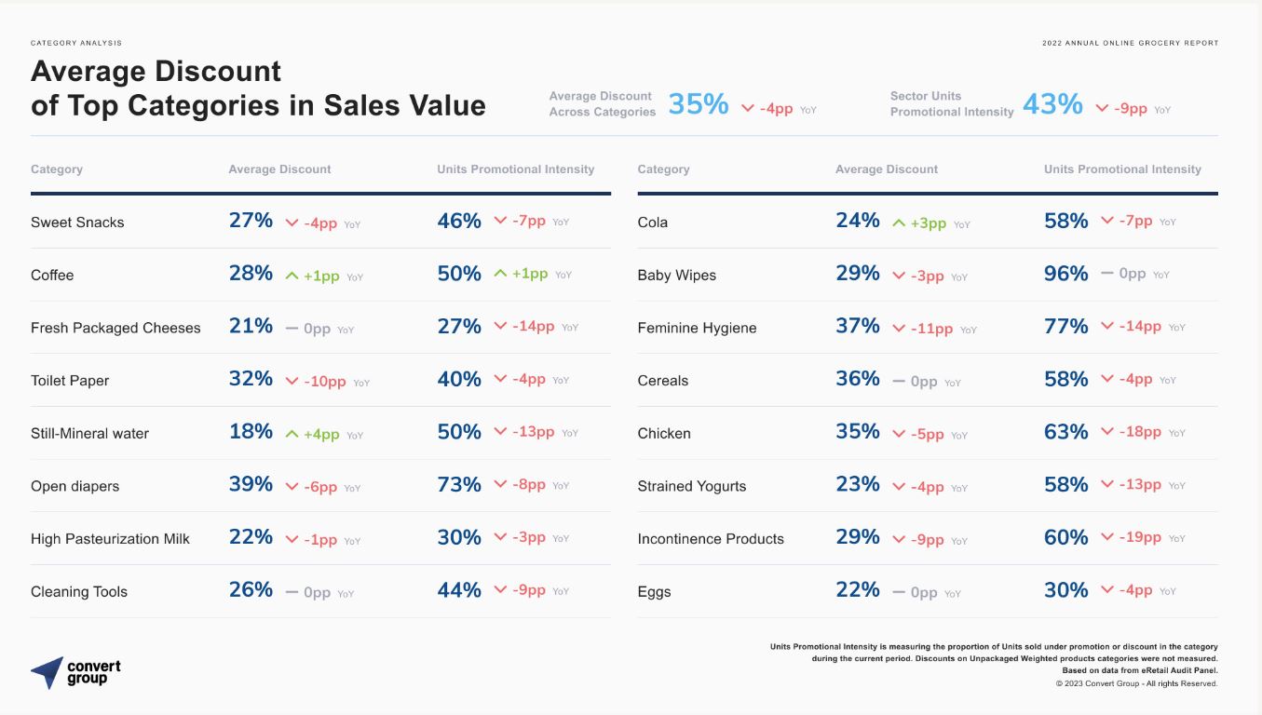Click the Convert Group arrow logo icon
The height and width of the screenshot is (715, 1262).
pos(47,672)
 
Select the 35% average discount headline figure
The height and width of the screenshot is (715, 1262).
pos(698,104)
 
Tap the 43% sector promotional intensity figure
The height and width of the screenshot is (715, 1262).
pos(1052,104)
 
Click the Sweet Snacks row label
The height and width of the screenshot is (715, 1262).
pos(77,223)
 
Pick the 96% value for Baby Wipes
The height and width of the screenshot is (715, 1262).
pos(1065,274)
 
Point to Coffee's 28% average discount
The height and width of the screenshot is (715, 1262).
pos(251,273)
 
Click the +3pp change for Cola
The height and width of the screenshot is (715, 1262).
pos(928,223)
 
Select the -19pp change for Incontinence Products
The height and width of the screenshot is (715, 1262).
pos(1140,537)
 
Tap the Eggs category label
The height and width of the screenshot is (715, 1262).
pos(654,592)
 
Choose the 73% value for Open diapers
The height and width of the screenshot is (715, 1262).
pos(459,485)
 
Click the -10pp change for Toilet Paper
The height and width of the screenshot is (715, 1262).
pos(324,382)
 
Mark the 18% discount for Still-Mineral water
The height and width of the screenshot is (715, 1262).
pos(251,431)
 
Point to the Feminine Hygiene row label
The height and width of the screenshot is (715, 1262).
pos(697,328)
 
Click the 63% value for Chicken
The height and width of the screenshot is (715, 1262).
pos(1065,432)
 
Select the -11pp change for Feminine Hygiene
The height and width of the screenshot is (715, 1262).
pos(931,329)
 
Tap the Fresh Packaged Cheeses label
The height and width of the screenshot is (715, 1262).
pos(115,328)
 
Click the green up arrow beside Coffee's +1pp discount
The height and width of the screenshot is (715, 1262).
pos(292,276)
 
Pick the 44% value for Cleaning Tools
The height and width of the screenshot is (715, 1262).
pos(459,590)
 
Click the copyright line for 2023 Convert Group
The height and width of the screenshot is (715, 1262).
pos(1137,683)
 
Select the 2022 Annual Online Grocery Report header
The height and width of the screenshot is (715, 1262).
pos(1130,43)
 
